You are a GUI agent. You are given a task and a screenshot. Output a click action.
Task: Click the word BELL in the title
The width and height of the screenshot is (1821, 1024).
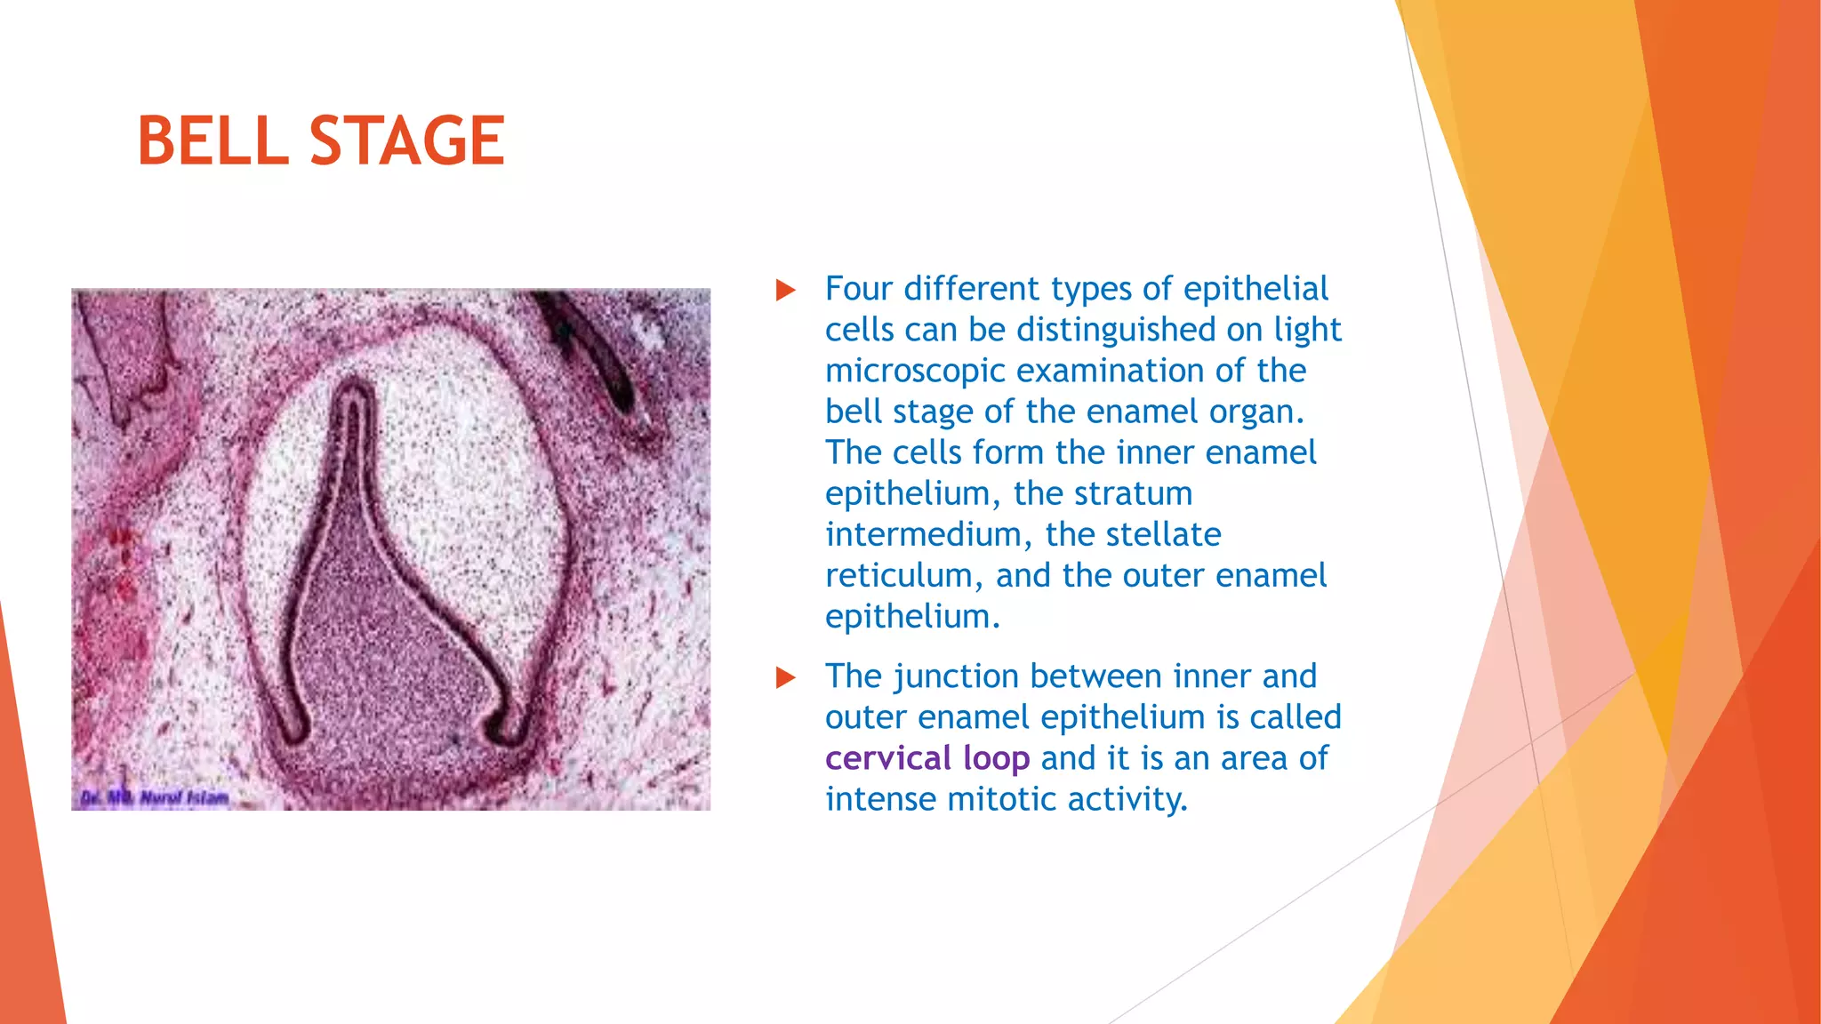(213, 140)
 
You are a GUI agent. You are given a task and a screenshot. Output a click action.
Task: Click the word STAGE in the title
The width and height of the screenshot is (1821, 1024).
(407, 140)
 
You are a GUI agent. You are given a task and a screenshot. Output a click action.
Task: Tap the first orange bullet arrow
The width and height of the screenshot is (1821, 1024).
(785, 290)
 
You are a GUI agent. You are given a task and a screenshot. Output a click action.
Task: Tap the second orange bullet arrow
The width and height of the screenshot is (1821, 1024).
(785, 677)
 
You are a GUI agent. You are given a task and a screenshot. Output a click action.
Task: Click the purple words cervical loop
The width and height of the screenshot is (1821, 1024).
(927, 758)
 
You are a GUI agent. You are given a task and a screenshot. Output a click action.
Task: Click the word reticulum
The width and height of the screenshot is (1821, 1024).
(903, 576)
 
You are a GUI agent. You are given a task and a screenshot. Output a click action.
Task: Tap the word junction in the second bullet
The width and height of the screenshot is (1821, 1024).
(956, 677)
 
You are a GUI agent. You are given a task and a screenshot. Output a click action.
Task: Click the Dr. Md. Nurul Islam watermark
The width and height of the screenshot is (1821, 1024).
(155, 797)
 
